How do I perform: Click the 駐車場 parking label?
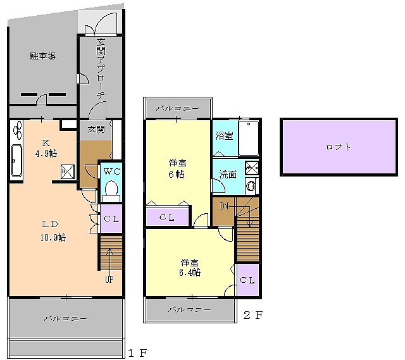(x=43, y=56)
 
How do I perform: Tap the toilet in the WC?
(x=111, y=191)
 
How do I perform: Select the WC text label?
(x=112, y=171)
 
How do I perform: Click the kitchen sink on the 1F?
(x=17, y=160)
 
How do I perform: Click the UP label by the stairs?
(x=109, y=279)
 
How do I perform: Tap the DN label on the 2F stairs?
(x=224, y=206)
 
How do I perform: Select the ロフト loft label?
(x=339, y=147)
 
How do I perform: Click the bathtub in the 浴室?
(x=249, y=138)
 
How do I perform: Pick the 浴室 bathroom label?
(x=225, y=136)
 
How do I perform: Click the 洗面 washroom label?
(x=228, y=175)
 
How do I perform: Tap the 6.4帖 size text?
(x=190, y=273)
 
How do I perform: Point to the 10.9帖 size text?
(x=53, y=238)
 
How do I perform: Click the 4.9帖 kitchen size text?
(x=46, y=154)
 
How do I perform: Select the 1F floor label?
(x=138, y=353)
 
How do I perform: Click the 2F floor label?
(x=253, y=315)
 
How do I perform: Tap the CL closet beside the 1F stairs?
(x=111, y=218)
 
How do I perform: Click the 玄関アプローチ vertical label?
(x=101, y=69)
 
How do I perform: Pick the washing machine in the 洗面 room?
(x=251, y=185)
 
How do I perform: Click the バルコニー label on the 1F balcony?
(x=66, y=318)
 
